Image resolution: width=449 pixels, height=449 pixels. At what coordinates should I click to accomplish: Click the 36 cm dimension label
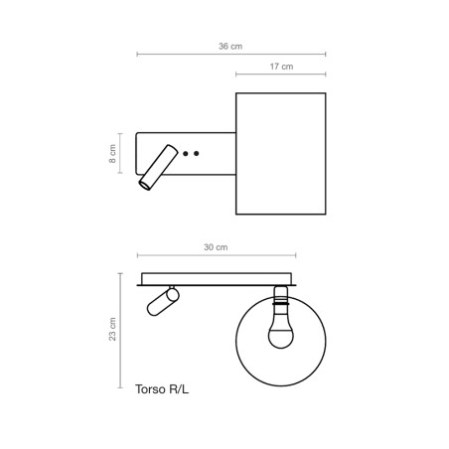[x=230, y=46]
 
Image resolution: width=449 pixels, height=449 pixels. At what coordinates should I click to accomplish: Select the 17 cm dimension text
[x=281, y=67]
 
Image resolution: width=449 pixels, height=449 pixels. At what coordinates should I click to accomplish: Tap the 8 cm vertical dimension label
[x=112, y=154]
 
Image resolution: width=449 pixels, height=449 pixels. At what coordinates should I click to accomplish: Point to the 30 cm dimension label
[x=216, y=246]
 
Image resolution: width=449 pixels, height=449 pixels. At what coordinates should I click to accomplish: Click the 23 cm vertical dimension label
[x=112, y=329]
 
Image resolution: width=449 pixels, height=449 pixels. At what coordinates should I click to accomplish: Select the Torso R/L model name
[x=161, y=390]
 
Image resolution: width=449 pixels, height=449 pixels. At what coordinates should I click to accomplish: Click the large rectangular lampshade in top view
[x=281, y=153]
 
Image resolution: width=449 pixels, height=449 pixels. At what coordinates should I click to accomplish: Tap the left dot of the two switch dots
[x=187, y=154]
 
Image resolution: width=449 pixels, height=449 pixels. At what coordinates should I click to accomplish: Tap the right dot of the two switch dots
[x=197, y=154]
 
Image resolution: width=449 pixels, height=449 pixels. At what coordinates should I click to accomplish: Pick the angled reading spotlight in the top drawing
[x=157, y=167]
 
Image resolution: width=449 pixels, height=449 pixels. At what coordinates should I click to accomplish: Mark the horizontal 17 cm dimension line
[x=281, y=75]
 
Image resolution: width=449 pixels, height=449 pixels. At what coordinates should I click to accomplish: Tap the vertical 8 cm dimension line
[x=121, y=154]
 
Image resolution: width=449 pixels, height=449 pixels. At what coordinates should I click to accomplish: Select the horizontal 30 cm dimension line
[x=216, y=255]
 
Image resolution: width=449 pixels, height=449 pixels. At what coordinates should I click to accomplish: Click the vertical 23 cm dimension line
[x=121, y=329]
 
